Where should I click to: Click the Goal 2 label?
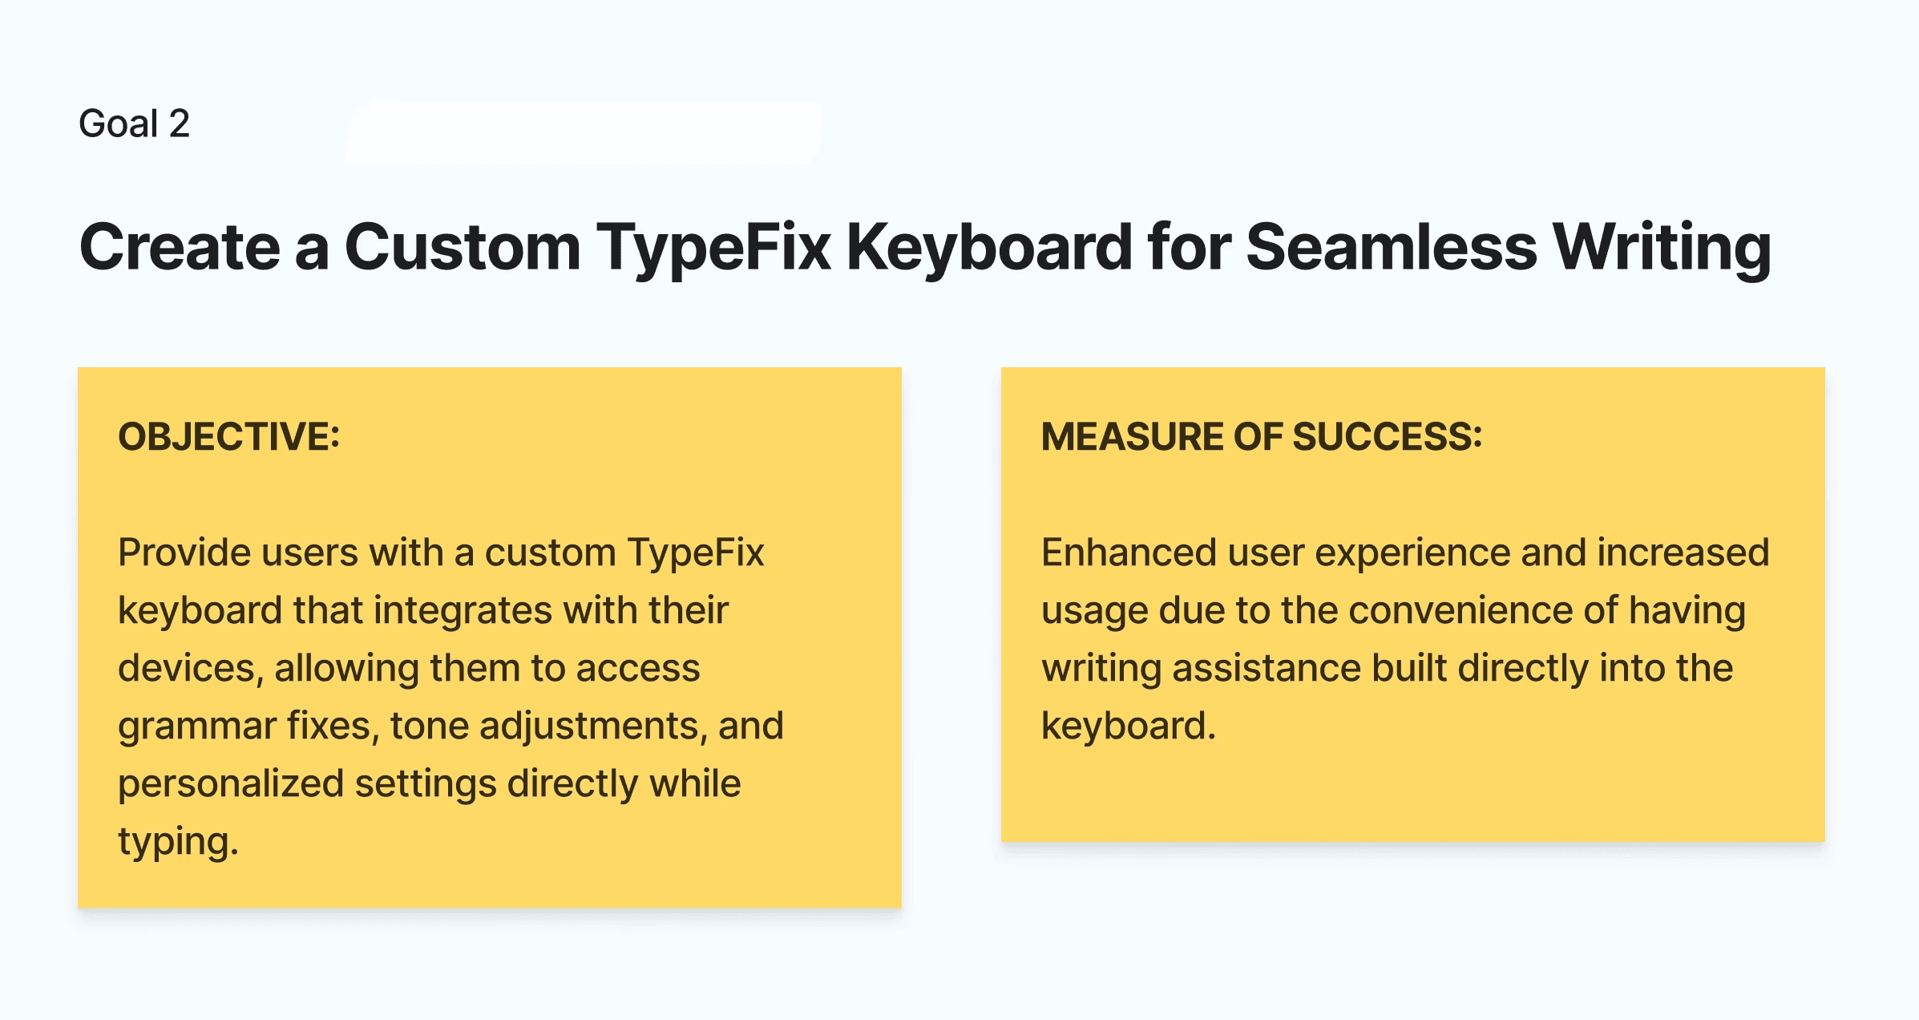pyautogui.click(x=135, y=123)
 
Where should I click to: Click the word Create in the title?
pyautogui.click(x=180, y=247)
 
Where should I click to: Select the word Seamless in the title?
pyautogui.click(x=1392, y=247)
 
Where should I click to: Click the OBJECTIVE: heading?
pyautogui.click(x=229, y=437)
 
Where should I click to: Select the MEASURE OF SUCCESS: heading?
pyautogui.click(x=1262, y=437)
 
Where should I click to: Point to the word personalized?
pyautogui.click(x=230, y=784)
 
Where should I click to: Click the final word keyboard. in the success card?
pyautogui.click(x=1129, y=726)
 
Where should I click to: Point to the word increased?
pyautogui.click(x=1683, y=552)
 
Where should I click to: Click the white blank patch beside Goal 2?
pyautogui.click(x=584, y=132)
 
